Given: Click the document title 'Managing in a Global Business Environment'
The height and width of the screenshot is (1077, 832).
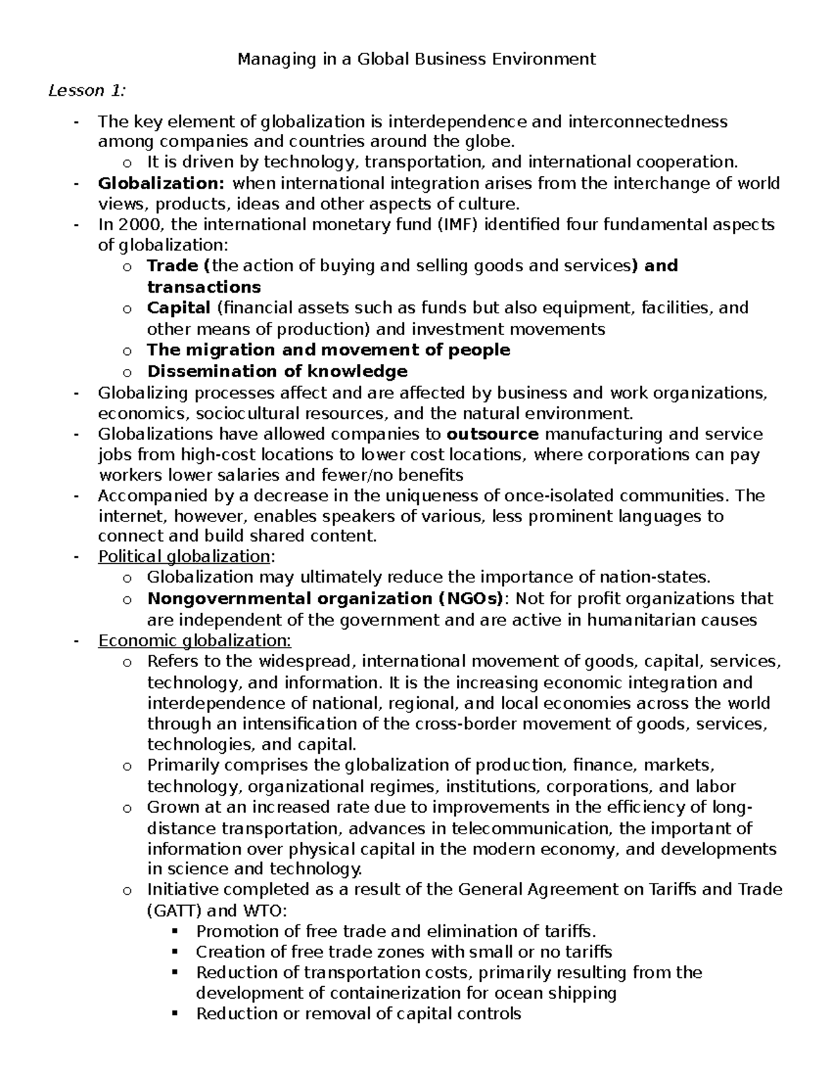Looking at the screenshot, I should click(416, 59).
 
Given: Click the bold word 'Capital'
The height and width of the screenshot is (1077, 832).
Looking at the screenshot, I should click(178, 307).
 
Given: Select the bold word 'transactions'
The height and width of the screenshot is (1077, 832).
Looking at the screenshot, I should click(204, 287).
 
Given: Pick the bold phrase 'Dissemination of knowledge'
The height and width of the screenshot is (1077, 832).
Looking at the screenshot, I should click(277, 371).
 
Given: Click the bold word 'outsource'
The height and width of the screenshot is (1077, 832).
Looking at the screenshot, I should click(492, 434).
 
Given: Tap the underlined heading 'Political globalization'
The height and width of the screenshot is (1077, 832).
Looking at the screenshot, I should click(184, 557).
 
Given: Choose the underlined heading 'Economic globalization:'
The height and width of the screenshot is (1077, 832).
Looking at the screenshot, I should click(195, 641).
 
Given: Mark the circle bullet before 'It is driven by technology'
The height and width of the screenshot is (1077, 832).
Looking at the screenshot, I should click(125, 164).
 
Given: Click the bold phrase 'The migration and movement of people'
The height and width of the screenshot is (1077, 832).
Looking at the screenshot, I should click(328, 350).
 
